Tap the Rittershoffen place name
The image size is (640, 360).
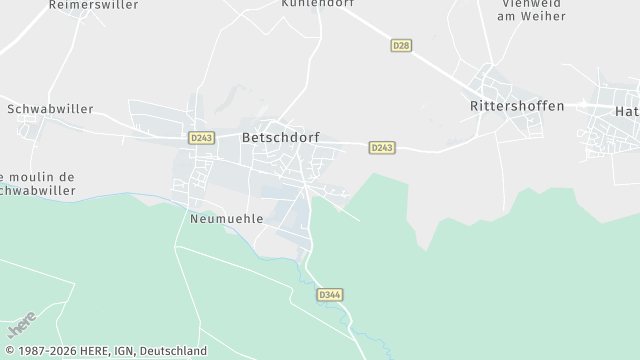click(517, 105)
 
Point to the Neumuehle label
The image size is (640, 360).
click(225, 217)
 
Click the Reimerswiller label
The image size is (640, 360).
click(93, 5)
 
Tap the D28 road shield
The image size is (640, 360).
click(401, 46)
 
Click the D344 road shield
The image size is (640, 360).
click(329, 295)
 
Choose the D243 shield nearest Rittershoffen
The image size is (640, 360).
click(382, 147)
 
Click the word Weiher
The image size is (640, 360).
click(547, 17)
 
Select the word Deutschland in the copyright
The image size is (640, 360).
click(173, 351)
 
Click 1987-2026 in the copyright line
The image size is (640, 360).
click(49, 351)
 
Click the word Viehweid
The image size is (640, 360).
click(526, 3)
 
